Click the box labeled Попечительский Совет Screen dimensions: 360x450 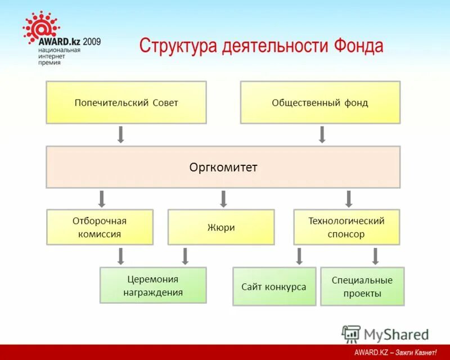click(126, 102)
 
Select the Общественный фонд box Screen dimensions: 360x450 click(320, 102)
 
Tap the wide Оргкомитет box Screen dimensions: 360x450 click(223, 167)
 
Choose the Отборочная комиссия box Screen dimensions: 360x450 click(100, 227)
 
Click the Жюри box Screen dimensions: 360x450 click(221, 227)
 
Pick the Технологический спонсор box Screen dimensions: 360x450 click(346, 227)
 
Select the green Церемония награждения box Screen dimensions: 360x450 click(153, 285)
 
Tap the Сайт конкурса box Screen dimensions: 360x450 click(274, 287)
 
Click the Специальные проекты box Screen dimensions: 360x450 click(362, 287)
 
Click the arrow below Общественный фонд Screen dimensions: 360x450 click(322, 134)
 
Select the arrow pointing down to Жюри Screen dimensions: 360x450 click(223, 199)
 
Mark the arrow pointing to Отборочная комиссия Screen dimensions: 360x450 click(102, 199)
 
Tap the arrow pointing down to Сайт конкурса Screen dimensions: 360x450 click(299, 256)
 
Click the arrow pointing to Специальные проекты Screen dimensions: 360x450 click(375, 256)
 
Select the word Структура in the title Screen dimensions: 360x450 click(172, 46)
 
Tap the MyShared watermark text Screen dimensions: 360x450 click(396, 335)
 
